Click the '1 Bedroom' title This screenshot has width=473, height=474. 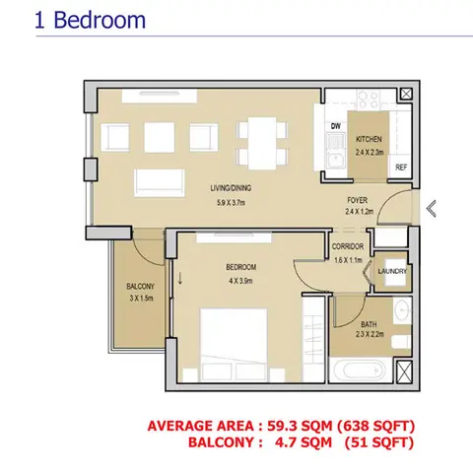[90, 21]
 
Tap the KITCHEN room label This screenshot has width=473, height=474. [369, 139]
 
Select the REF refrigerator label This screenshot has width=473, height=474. [401, 168]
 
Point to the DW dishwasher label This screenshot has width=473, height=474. [336, 126]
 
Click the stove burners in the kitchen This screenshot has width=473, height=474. [368, 100]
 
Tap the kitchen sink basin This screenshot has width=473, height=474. [335, 161]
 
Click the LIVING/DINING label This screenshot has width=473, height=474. [231, 188]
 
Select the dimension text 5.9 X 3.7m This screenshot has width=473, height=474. [231, 203]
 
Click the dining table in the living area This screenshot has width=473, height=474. [262, 143]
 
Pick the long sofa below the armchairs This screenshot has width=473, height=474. [160, 182]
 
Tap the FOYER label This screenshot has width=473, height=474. [358, 200]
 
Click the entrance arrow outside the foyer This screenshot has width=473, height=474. [432, 209]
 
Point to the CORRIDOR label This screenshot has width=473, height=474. [348, 246]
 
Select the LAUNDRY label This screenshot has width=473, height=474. [392, 271]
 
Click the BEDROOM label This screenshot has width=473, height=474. [240, 267]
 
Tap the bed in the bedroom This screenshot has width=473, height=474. [234, 345]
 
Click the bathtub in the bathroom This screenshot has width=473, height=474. [361, 371]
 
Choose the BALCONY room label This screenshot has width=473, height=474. [140, 287]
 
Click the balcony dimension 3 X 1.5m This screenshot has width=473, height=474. [141, 299]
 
